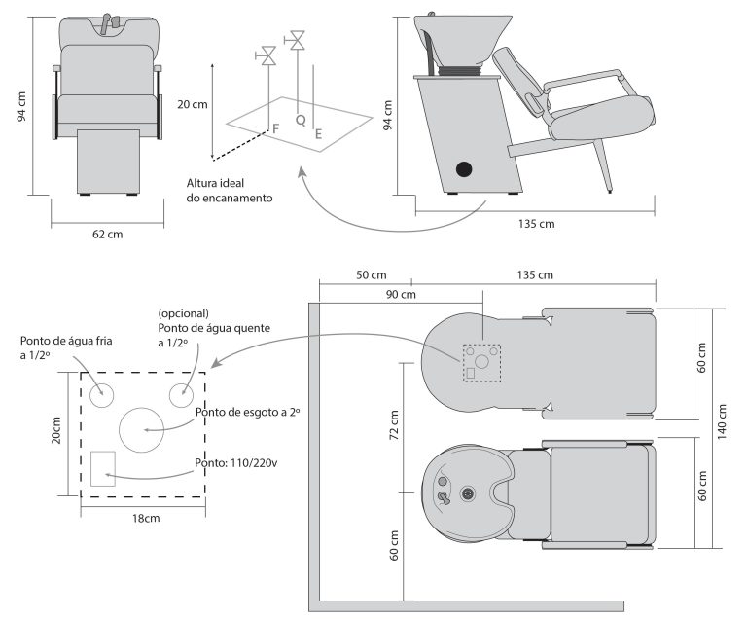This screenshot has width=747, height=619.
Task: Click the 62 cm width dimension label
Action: pos(108,234)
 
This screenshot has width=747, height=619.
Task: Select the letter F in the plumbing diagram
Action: pos(275,128)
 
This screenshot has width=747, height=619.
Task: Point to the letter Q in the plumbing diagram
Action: pos(300,119)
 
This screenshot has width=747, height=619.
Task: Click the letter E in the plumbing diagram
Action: pos(318,135)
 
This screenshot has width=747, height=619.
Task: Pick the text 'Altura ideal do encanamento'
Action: pos(230,190)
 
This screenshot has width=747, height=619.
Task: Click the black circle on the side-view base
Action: pos(464,169)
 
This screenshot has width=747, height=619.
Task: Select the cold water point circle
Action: pos(102,395)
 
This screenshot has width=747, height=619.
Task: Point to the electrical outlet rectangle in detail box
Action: pos(103,468)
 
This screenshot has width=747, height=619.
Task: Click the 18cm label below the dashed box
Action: pos(143,518)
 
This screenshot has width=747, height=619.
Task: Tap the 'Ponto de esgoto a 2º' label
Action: pos(248,413)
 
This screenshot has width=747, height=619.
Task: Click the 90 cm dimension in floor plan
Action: pos(401,294)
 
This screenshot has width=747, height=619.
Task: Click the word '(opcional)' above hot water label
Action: pos(183,313)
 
